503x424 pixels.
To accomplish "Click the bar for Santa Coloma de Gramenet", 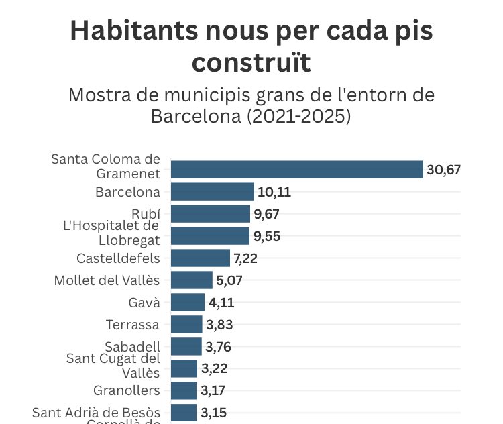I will (x=297, y=169).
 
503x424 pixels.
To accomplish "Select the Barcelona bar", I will (x=213, y=192).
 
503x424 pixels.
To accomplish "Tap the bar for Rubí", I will (x=211, y=214).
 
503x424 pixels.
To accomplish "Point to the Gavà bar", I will (x=188, y=302).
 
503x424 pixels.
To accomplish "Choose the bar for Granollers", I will (x=184, y=390).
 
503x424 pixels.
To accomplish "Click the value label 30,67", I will (x=444, y=170).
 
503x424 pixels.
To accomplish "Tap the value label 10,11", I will (x=274, y=193).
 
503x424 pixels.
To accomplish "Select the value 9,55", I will (x=266, y=236).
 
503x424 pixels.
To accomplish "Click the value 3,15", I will (x=213, y=412).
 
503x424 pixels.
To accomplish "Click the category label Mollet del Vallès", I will (x=107, y=280).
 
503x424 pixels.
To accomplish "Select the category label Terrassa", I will (x=133, y=325).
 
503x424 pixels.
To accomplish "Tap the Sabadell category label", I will (x=133, y=346).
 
